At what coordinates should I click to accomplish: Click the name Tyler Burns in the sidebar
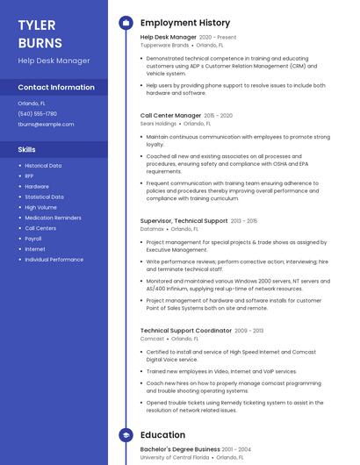(x=40, y=33)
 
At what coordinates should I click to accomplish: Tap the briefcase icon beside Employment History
(x=126, y=23)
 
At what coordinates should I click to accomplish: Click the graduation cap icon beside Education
(x=126, y=434)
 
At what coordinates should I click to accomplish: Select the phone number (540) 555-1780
(x=37, y=113)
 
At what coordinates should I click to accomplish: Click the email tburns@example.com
(x=46, y=124)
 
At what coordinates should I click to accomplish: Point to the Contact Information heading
(x=56, y=87)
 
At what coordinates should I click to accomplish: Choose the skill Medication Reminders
(x=53, y=218)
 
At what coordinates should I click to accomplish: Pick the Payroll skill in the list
(x=33, y=239)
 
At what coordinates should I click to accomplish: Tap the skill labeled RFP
(x=29, y=175)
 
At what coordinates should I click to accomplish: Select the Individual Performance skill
(x=54, y=260)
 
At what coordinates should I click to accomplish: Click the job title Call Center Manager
(x=170, y=115)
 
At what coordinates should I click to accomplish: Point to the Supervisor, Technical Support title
(x=184, y=221)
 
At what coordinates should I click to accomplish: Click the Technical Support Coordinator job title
(x=185, y=331)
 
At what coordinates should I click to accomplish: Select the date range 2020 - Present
(x=218, y=38)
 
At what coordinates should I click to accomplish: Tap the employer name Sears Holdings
(x=158, y=124)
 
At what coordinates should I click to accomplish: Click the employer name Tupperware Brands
(x=164, y=45)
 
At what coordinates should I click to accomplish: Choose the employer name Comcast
(x=152, y=338)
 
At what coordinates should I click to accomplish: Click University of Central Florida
(x=175, y=457)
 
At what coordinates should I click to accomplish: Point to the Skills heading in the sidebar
(x=26, y=149)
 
